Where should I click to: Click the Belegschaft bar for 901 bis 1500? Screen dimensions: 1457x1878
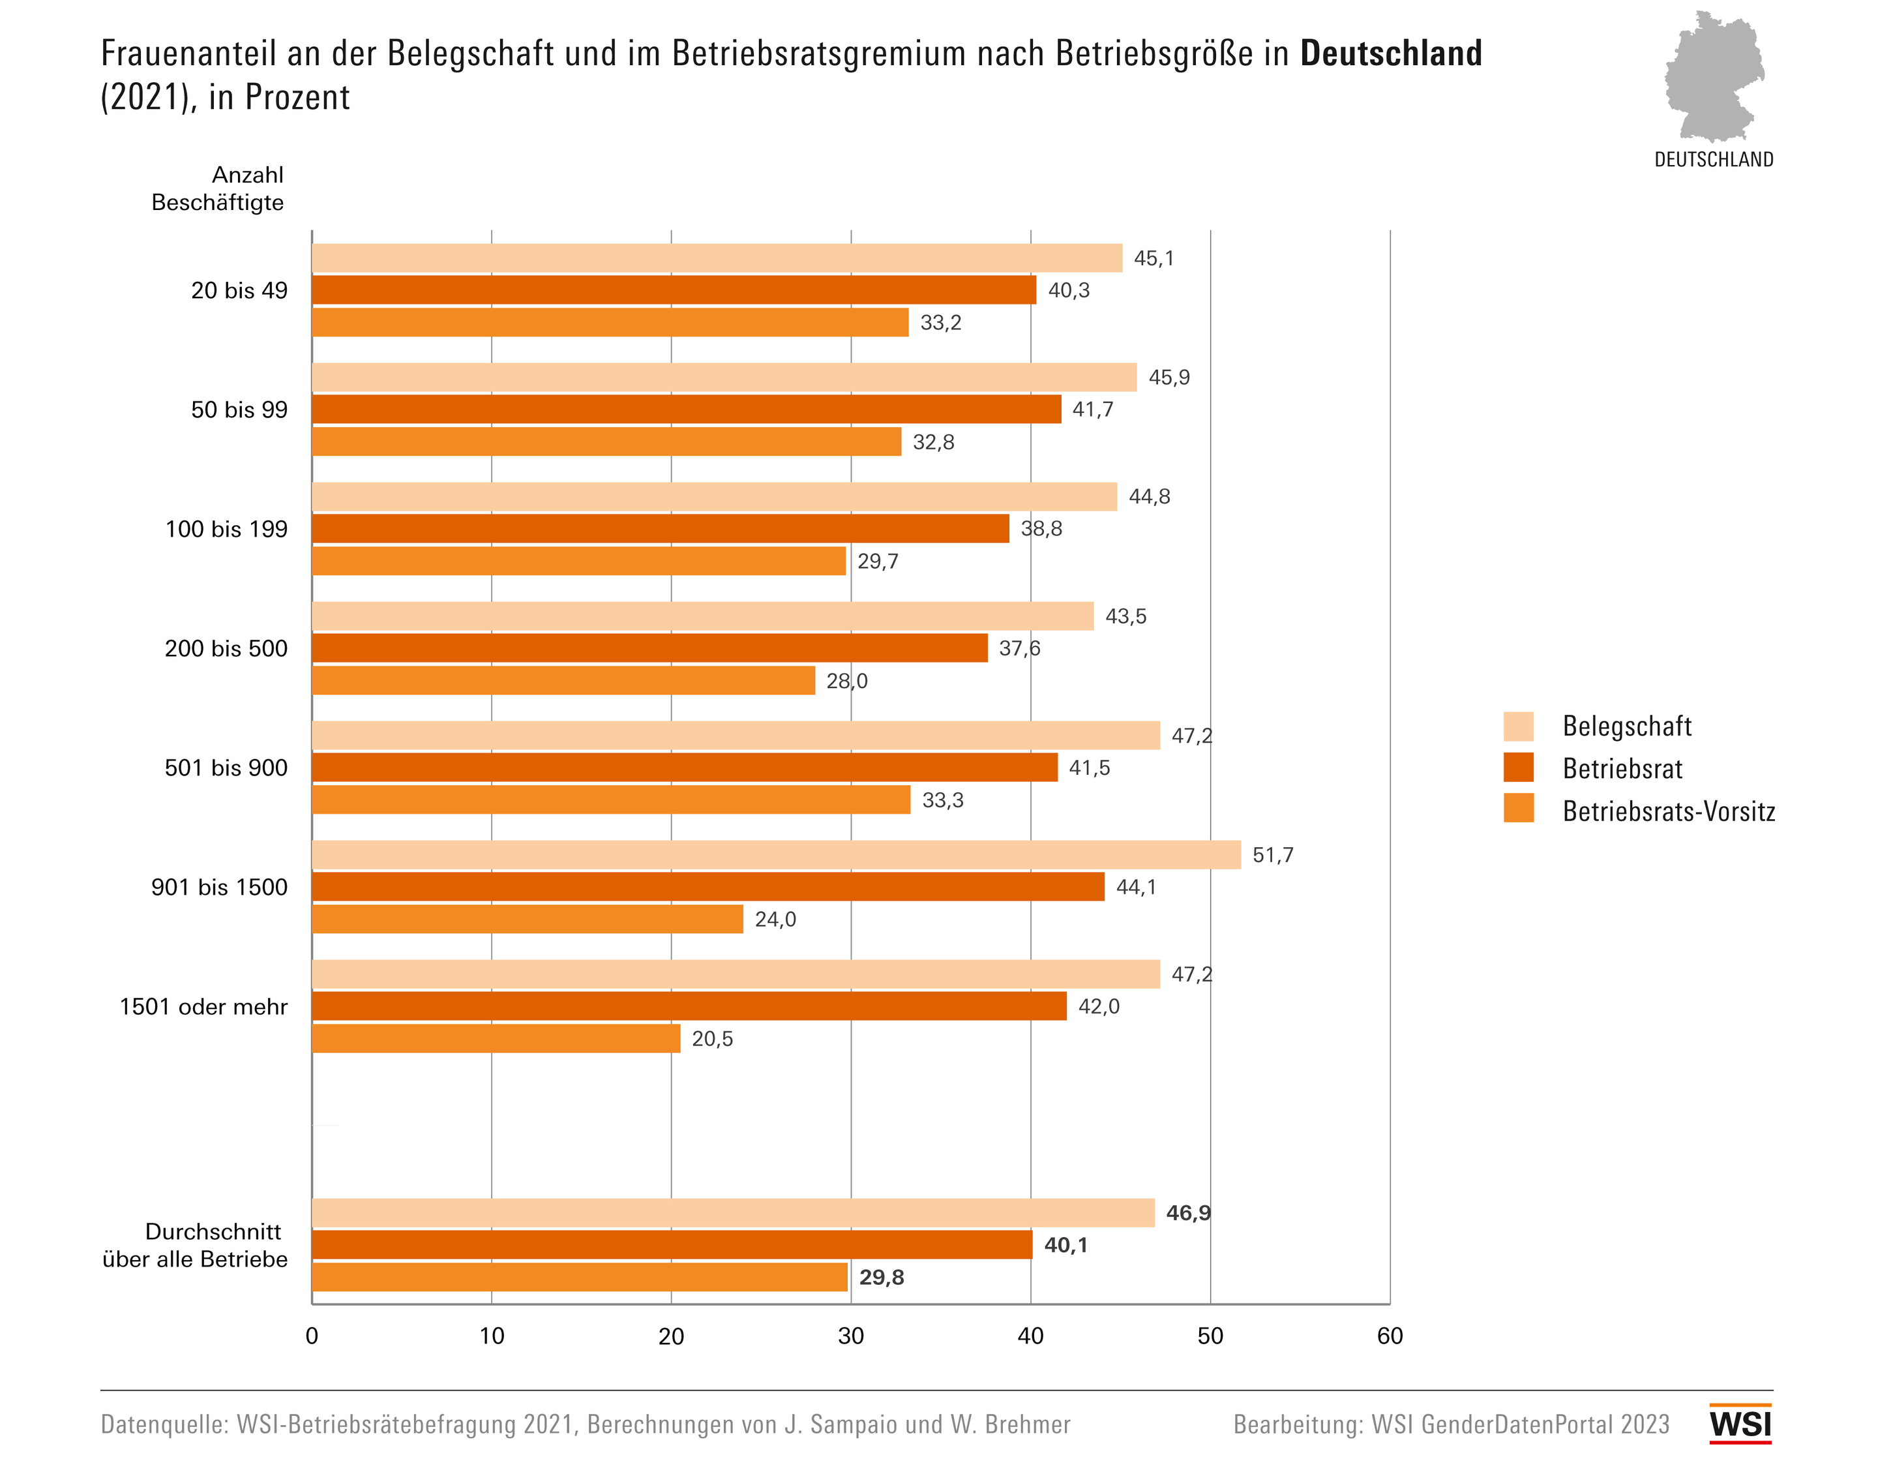coord(775,855)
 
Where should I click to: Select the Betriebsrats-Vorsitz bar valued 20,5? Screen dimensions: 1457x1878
coord(496,1038)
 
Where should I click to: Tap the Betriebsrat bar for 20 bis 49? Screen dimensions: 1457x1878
coord(674,290)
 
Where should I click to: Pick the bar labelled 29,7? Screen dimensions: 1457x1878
coord(578,561)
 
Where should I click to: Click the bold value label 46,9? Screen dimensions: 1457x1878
coord(1187,1212)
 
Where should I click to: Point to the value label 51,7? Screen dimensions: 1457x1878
coord(1273,855)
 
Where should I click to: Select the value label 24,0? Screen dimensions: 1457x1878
coord(775,920)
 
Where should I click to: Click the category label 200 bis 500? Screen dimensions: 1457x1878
coord(226,648)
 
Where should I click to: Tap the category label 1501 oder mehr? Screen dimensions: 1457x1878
coord(204,1006)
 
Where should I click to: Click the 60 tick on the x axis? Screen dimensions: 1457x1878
coord(1390,1336)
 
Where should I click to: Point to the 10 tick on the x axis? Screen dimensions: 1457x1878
coord(492,1336)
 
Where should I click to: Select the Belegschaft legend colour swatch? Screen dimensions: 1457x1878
coord(1519,726)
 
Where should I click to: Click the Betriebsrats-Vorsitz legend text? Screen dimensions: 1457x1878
coord(1668,811)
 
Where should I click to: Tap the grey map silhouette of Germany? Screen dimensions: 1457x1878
coord(1713,78)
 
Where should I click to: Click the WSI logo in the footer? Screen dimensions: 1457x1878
coord(1740,1424)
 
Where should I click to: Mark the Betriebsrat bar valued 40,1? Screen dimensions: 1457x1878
coord(672,1244)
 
